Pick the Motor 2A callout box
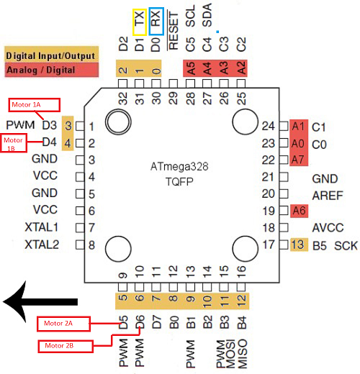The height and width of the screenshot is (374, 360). (x=63, y=324)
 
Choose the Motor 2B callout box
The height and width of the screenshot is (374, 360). (x=63, y=345)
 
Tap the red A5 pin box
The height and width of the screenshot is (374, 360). (x=190, y=69)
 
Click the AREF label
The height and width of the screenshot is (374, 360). (x=326, y=194)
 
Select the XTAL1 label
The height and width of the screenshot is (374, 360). (x=40, y=227)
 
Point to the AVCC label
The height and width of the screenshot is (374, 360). (x=326, y=228)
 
